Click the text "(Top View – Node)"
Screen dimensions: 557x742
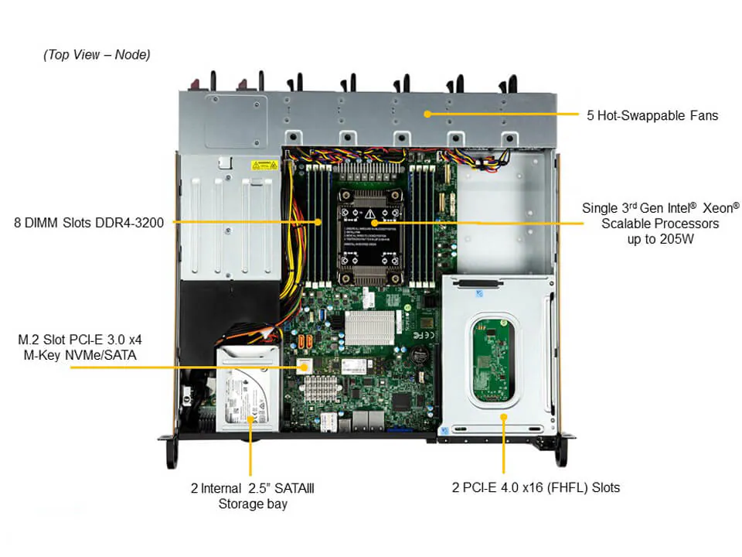pos(97,55)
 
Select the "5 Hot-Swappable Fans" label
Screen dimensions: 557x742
pos(652,116)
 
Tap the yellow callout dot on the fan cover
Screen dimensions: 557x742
pos(426,114)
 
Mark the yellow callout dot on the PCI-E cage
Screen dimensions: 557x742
pos(503,417)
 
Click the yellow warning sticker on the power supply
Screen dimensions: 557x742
pos(264,165)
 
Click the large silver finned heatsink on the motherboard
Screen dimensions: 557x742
pos(374,328)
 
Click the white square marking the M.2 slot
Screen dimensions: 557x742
pos(304,366)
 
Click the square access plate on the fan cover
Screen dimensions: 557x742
pos(236,120)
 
